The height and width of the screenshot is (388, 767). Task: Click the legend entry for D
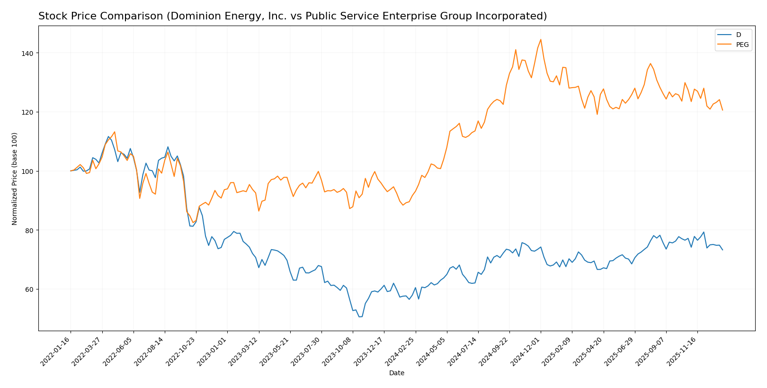tap(738, 35)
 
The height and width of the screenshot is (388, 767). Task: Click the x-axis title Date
tap(396, 373)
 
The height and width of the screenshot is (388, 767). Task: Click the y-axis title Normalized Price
tap(15, 179)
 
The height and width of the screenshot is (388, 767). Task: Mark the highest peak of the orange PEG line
tap(541, 39)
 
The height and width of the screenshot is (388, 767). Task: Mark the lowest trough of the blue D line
tap(360, 316)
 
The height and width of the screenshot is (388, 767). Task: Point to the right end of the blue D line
tap(722, 250)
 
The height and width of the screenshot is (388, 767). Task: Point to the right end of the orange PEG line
tap(722, 110)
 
